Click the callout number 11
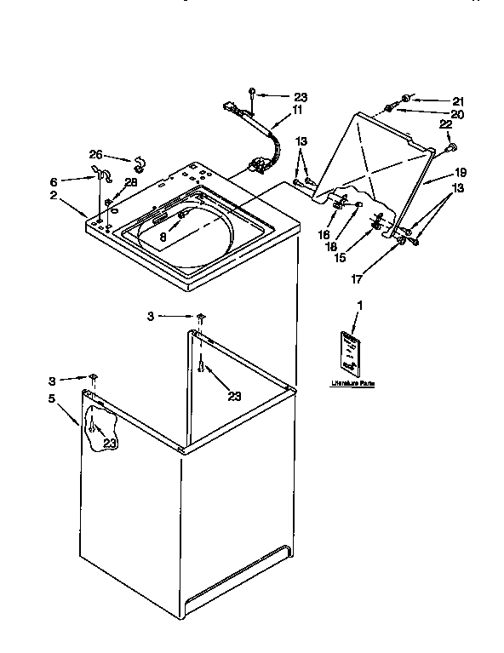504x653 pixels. click(x=298, y=110)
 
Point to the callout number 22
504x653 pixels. click(x=444, y=125)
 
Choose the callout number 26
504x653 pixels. click(x=96, y=155)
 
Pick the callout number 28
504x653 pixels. click(x=130, y=182)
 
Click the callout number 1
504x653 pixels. click(x=359, y=305)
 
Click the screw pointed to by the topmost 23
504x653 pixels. click(x=253, y=93)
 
